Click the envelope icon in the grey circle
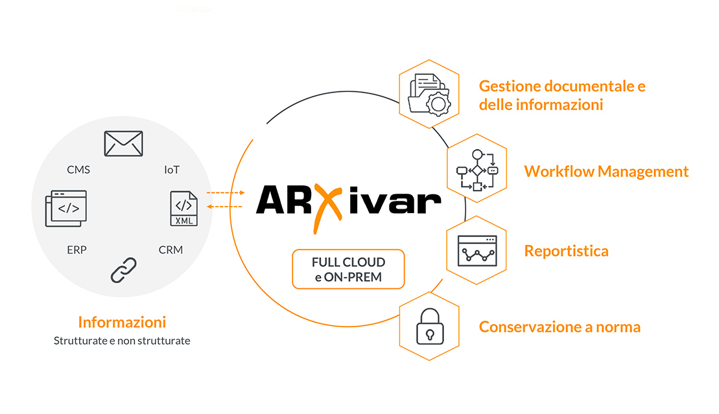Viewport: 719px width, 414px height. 123,143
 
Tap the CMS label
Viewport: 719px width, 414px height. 78,170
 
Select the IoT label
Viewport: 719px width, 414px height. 172,170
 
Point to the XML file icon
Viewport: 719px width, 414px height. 183,209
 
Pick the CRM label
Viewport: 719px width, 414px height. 171,249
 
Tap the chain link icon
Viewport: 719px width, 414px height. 124,270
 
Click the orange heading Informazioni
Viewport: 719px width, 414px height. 122,322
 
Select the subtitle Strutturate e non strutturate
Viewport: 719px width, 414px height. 122,340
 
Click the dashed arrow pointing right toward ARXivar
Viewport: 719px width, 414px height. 225,192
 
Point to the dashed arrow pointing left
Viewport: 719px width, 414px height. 225,206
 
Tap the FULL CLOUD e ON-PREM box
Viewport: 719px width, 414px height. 348,269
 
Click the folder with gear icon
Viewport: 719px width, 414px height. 429,95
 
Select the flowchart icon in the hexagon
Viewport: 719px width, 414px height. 477,170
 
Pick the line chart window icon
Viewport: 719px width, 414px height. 477,251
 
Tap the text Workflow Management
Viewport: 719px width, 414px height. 606,172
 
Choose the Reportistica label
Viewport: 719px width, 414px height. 566,251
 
